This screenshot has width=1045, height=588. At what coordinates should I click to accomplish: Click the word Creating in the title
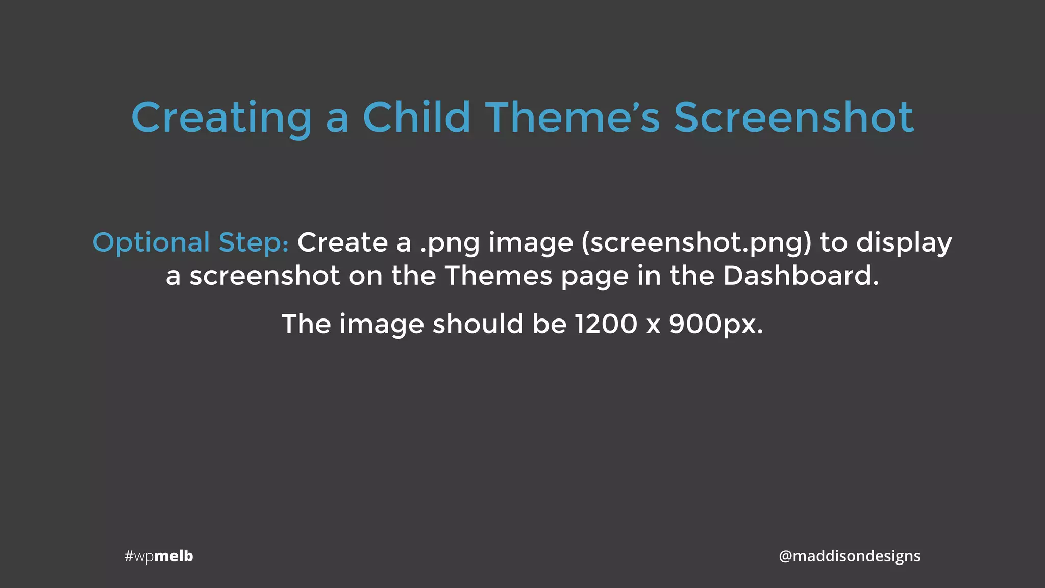pyautogui.click(x=221, y=118)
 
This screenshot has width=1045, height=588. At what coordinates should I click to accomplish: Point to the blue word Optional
pyautogui.click(x=151, y=242)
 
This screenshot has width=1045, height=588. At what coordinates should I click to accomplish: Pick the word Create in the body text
pyautogui.click(x=342, y=242)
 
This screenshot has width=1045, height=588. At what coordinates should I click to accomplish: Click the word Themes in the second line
pyautogui.click(x=499, y=276)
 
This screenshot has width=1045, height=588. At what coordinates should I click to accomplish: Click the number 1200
pyautogui.click(x=606, y=324)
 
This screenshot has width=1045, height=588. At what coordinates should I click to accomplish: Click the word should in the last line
pyautogui.click(x=478, y=324)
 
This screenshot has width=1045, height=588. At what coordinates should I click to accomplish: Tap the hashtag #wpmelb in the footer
pyautogui.click(x=159, y=556)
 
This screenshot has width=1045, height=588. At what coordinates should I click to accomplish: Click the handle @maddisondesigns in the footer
pyautogui.click(x=850, y=556)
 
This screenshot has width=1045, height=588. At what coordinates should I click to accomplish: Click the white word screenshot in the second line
pyautogui.click(x=264, y=276)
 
